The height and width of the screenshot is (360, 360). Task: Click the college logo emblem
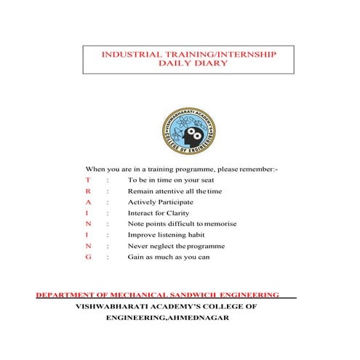click(188, 131)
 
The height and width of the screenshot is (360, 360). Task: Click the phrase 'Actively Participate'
click(160, 201)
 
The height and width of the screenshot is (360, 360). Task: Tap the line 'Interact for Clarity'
click(159, 212)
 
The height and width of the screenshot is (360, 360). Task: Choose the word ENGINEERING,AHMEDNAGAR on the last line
click(167, 319)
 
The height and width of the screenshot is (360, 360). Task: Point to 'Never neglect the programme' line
click(176, 247)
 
